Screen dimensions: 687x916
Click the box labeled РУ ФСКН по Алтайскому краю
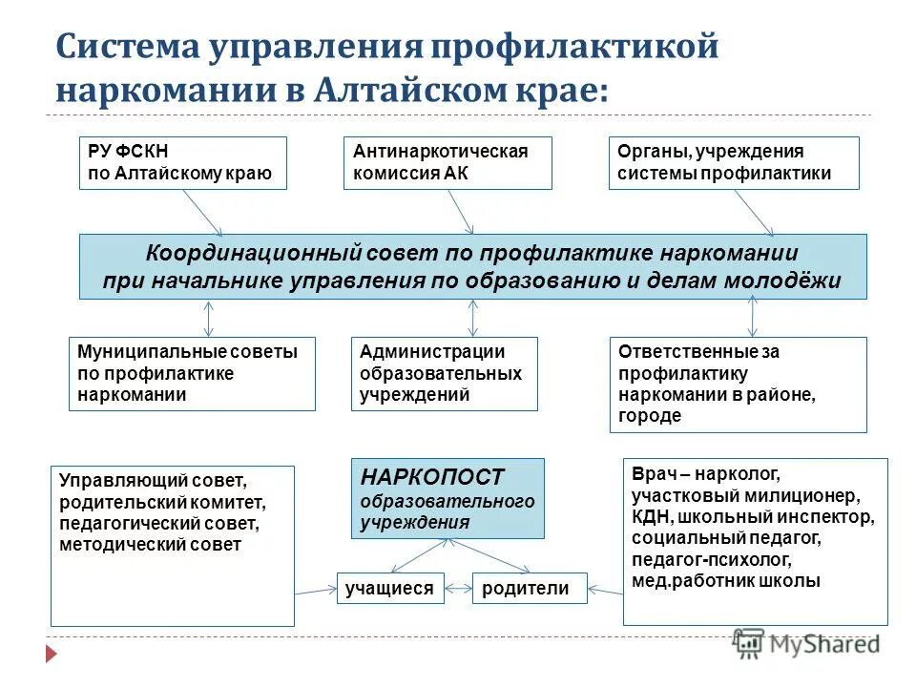(x=182, y=162)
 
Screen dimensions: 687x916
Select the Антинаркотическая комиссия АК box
(x=448, y=162)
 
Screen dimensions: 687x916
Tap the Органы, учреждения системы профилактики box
(x=733, y=162)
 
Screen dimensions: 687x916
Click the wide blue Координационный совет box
(x=472, y=266)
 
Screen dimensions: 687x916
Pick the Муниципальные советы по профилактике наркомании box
(x=192, y=373)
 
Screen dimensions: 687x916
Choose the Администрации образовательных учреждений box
(x=445, y=373)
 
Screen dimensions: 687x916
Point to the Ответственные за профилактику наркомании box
(x=738, y=384)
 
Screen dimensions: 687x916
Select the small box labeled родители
(x=526, y=589)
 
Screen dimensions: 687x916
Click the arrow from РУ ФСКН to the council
(x=201, y=211)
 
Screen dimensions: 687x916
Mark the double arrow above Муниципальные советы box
(x=208, y=318)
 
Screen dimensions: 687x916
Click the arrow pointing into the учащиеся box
(x=316, y=591)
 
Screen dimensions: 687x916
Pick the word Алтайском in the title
(x=417, y=91)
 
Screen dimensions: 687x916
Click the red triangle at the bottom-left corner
(x=52, y=655)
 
